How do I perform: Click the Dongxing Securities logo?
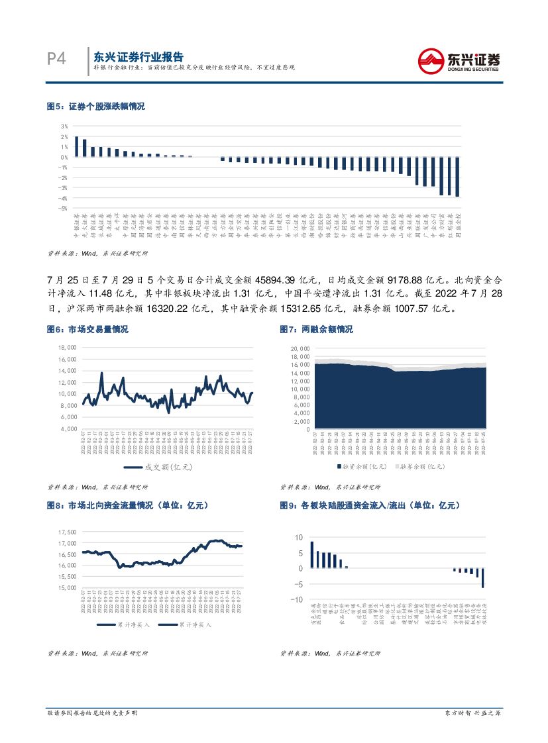click(459, 61)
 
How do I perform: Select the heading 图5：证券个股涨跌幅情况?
click(95, 106)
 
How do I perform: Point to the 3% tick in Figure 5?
click(64, 126)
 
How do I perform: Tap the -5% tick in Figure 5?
click(64, 208)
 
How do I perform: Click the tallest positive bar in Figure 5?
click(76, 146)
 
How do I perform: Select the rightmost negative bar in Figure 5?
click(457, 177)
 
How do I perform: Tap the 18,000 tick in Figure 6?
click(68, 347)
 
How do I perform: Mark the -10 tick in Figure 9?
click(299, 600)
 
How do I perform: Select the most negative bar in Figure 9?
click(483, 577)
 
